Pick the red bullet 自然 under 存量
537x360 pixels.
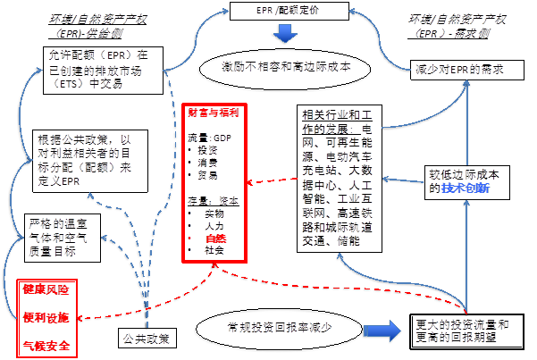click(215, 239)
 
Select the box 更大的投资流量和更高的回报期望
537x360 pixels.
click(461, 331)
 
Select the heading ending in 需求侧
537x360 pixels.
click(455, 24)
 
